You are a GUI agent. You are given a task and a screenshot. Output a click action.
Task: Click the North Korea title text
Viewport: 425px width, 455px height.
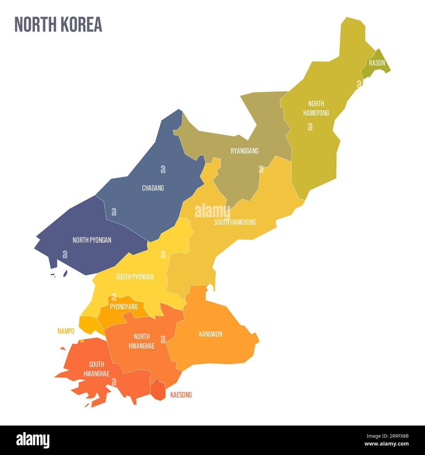58,25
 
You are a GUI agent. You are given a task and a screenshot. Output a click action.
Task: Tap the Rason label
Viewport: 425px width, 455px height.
377,63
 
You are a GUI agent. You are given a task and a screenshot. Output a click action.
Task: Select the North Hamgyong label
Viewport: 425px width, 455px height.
316,108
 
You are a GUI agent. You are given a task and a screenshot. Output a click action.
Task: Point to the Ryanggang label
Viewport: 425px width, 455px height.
245,151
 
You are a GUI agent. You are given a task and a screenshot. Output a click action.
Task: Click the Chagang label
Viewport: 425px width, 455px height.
153,188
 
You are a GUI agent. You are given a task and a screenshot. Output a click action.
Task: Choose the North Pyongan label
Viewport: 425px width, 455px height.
92,240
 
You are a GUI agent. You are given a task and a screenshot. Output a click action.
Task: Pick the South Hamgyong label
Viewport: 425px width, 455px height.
235,222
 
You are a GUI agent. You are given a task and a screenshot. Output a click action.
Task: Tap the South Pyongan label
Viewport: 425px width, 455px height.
135,277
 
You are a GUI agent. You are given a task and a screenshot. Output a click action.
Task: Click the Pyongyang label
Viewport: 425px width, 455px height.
124,307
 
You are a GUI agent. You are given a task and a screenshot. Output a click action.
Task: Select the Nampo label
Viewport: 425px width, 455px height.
66,331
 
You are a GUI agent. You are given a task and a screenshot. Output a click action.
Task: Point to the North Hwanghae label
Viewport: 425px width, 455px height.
142,341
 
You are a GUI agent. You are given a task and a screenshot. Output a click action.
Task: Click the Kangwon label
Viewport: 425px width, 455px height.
211,334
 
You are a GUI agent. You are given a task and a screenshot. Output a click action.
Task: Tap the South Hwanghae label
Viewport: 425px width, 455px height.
96,369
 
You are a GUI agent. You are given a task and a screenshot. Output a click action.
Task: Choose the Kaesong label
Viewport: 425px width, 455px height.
181,395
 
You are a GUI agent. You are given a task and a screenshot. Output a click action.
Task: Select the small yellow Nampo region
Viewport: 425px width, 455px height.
90,323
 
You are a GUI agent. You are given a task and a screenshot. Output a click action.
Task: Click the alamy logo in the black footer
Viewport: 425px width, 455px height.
33,440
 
